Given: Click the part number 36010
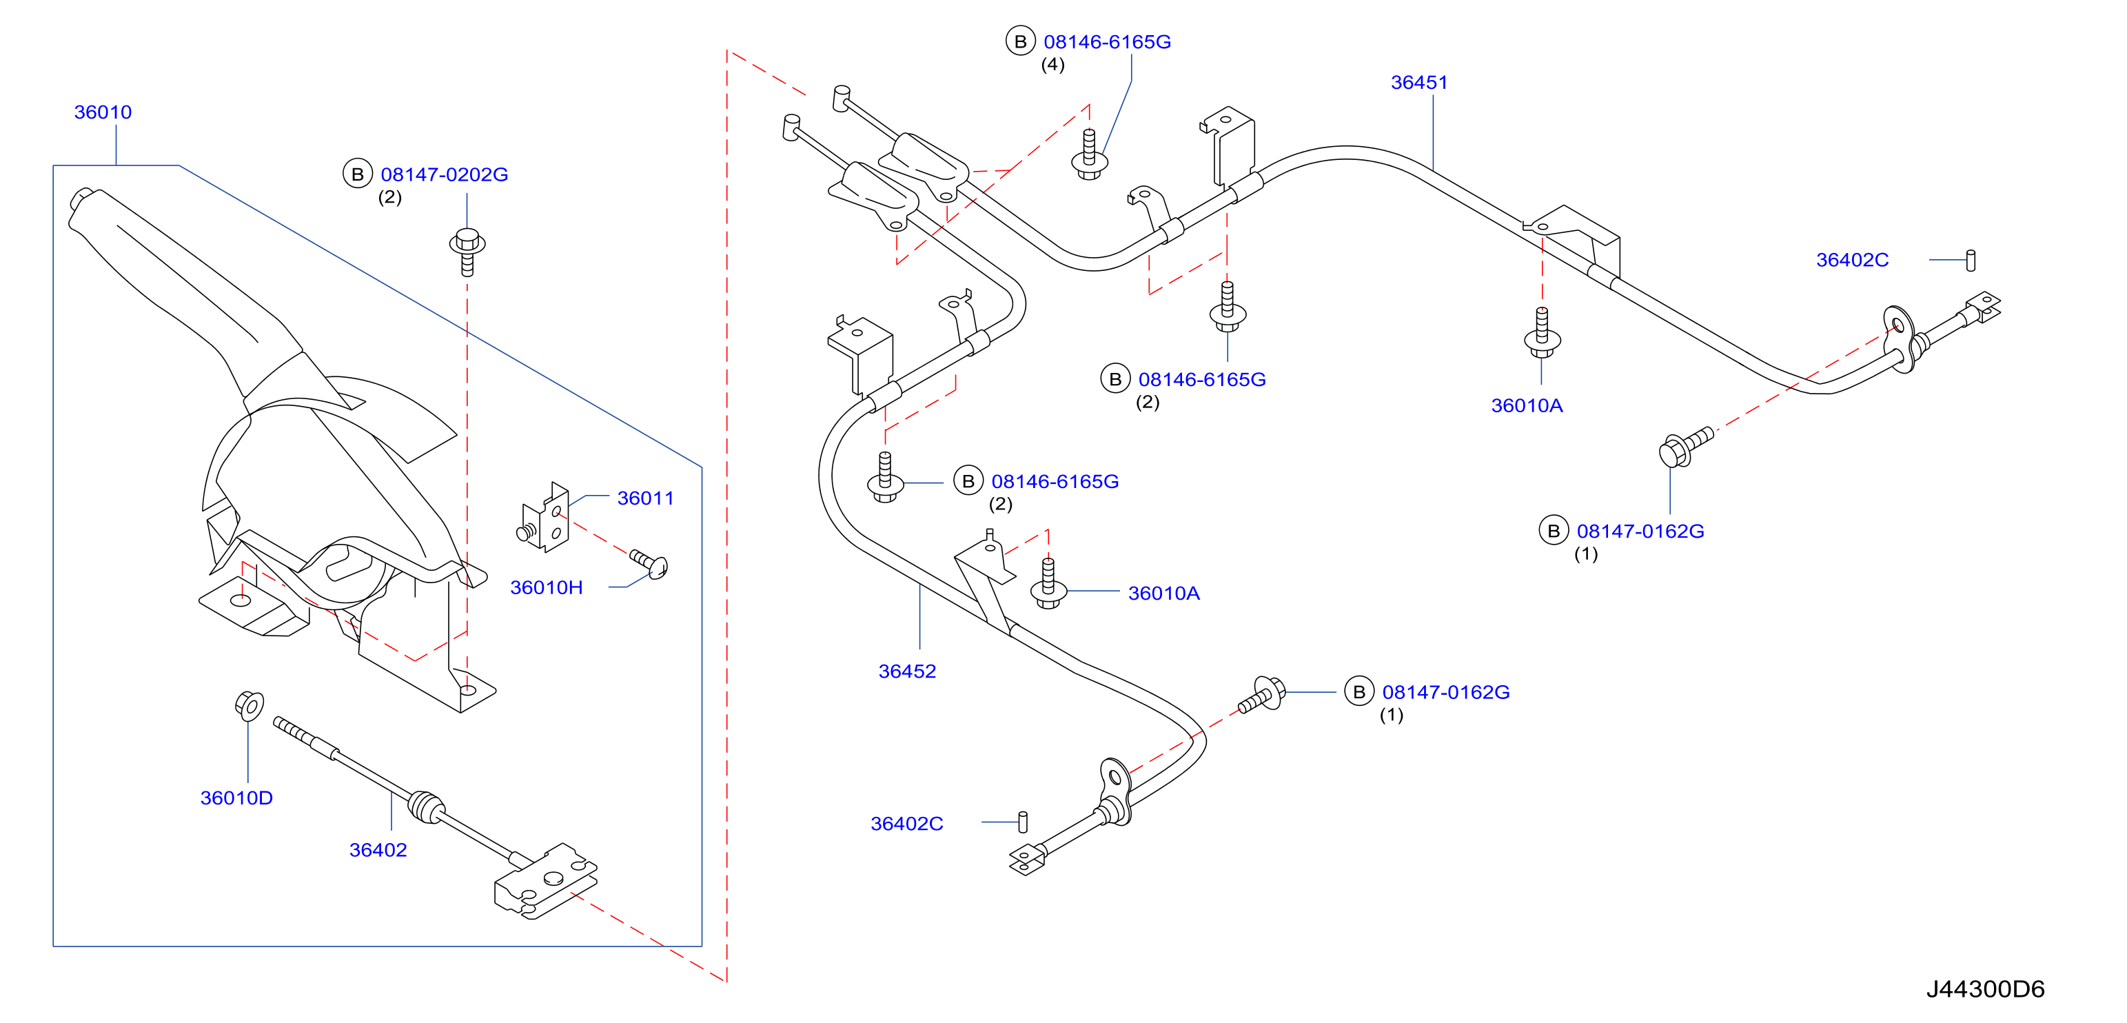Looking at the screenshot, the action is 103,112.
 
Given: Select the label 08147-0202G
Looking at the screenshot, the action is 445,175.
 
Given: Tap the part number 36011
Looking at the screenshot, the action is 646,498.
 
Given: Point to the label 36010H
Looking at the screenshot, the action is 547,588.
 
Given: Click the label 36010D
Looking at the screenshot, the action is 236,798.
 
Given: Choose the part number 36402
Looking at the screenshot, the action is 378,851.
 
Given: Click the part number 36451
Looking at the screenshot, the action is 1419,83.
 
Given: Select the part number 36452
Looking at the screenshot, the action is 908,672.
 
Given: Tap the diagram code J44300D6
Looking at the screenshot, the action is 1986,989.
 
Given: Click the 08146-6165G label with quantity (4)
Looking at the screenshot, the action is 1107,42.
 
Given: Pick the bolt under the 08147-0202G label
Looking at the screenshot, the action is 467,251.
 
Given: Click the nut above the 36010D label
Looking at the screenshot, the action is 250,706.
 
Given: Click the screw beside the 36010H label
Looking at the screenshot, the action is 649,563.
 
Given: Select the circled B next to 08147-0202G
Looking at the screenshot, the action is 358,174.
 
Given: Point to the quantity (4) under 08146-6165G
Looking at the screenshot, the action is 1052,65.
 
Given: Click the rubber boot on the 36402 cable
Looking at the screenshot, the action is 427,807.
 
